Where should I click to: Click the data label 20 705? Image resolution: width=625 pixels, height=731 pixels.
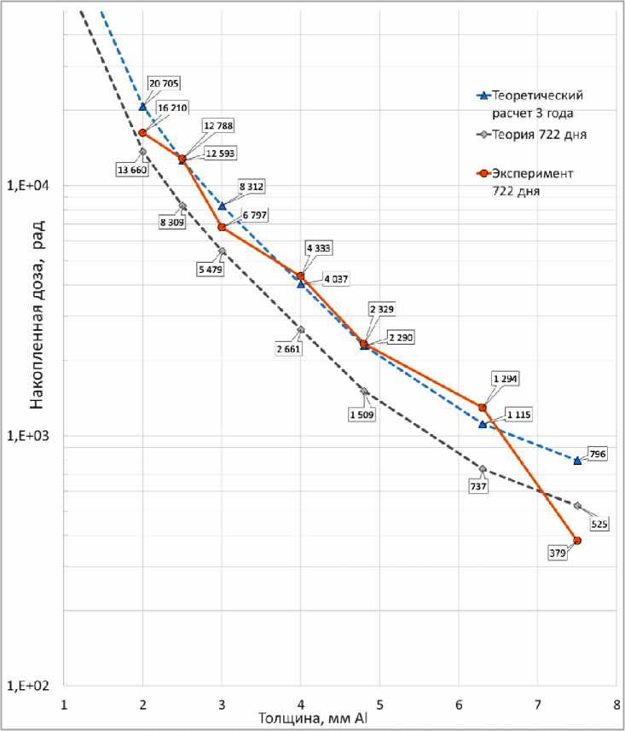[165, 84]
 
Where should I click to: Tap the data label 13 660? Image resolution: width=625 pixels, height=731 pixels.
[131, 169]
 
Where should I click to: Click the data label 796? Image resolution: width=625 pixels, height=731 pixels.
[597, 455]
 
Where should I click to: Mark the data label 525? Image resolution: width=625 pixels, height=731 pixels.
[599, 525]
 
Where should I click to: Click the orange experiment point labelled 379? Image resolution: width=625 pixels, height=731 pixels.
[577, 541]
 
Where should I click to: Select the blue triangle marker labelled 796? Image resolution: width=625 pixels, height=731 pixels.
[577, 461]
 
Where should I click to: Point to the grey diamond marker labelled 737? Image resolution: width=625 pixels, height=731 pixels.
[483, 469]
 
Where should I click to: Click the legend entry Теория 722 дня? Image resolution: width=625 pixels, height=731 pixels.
[533, 135]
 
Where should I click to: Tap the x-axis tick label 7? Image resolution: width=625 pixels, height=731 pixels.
[537, 706]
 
